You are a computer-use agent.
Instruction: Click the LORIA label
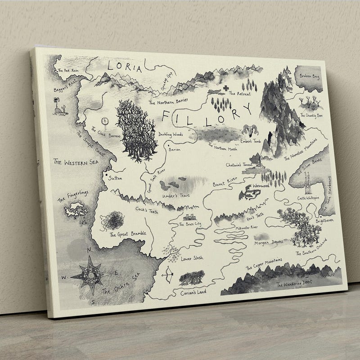pos(125,68)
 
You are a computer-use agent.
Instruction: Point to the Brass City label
pos(190,223)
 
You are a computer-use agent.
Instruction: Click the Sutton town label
pos(115,178)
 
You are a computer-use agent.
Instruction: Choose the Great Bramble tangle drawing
pos(111,221)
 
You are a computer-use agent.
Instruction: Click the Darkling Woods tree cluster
pos(135,130)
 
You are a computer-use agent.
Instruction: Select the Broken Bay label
pos(309,76)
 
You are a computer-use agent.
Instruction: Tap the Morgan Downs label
pos(269,242)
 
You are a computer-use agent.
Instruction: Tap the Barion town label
pos(174,149)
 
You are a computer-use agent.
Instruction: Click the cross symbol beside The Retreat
pos(225,88)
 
